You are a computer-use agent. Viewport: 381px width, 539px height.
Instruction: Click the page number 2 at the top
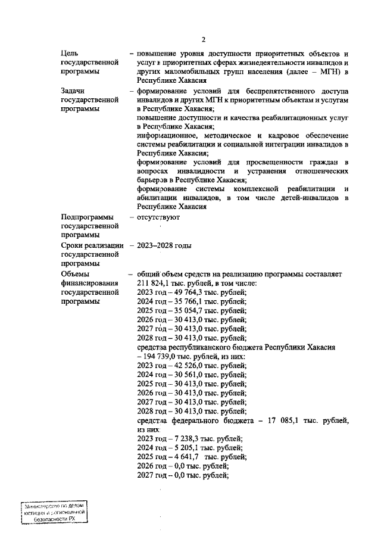203,40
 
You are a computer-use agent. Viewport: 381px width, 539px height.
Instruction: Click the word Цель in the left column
70,54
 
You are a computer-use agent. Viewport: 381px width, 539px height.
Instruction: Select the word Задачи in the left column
74,91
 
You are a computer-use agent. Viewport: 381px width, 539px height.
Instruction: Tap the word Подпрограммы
87,217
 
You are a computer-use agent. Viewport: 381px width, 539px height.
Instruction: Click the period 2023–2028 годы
164,245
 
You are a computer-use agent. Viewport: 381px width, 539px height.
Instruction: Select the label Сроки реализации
92,245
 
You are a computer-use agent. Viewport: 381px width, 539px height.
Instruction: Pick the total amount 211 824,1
156,283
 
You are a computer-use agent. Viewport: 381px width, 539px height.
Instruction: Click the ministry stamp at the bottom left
54,512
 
